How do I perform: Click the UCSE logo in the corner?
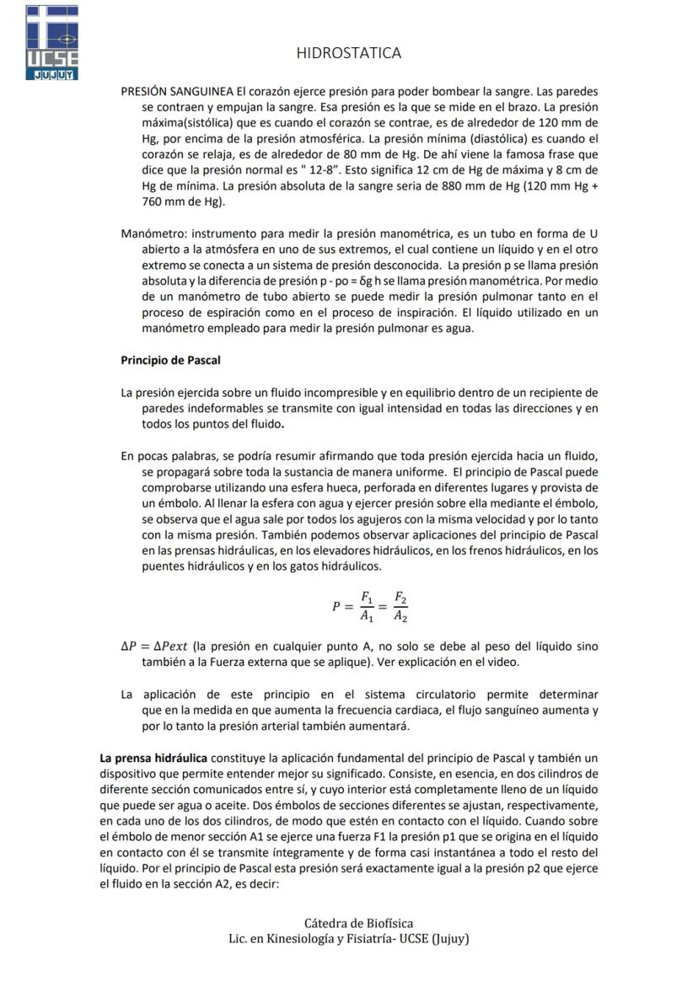(52, 42)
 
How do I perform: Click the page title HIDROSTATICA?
(349, 53)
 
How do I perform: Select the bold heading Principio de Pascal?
(170, 360)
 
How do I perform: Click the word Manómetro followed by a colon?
(153, 233)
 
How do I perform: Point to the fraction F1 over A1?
(367, 606)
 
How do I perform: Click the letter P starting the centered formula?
(337, 606)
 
